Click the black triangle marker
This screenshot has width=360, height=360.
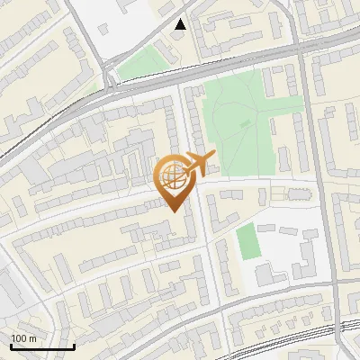(181, 24)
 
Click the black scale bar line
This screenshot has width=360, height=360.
(42, 347)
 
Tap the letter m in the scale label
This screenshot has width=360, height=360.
(32, 338)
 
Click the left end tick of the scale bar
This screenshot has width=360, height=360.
(11, 345)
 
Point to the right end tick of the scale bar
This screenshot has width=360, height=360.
(74, 345)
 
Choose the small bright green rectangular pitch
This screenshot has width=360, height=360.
(247, 240)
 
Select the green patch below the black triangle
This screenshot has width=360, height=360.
(138, 64)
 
